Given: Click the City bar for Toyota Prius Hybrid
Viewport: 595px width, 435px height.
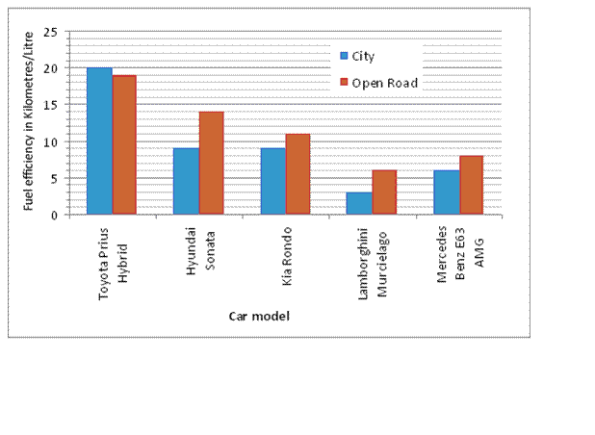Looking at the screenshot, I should pos(99,141).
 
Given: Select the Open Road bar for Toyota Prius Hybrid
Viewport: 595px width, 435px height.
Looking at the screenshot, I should pos(124,144).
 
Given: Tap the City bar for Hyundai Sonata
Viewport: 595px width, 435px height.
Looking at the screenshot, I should pos(186,181).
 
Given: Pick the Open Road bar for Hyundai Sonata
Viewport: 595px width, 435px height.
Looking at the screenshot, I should pos(211,163).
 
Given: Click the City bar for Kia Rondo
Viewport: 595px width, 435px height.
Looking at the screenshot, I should pos(272,181).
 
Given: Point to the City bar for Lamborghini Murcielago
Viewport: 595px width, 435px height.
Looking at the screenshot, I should pos(359,203).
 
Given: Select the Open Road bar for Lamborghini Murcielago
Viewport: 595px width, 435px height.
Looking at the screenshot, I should pos(384,192).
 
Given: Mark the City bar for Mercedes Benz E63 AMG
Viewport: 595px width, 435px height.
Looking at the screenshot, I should pos(446,192).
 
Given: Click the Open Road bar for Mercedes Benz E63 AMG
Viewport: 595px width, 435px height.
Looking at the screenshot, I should pos(471,185).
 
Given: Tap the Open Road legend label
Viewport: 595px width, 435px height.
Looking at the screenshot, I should pos(384,83).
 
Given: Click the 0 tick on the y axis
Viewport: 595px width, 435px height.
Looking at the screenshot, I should pos(55,215).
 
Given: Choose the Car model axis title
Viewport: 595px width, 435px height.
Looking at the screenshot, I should pos(259,315).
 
